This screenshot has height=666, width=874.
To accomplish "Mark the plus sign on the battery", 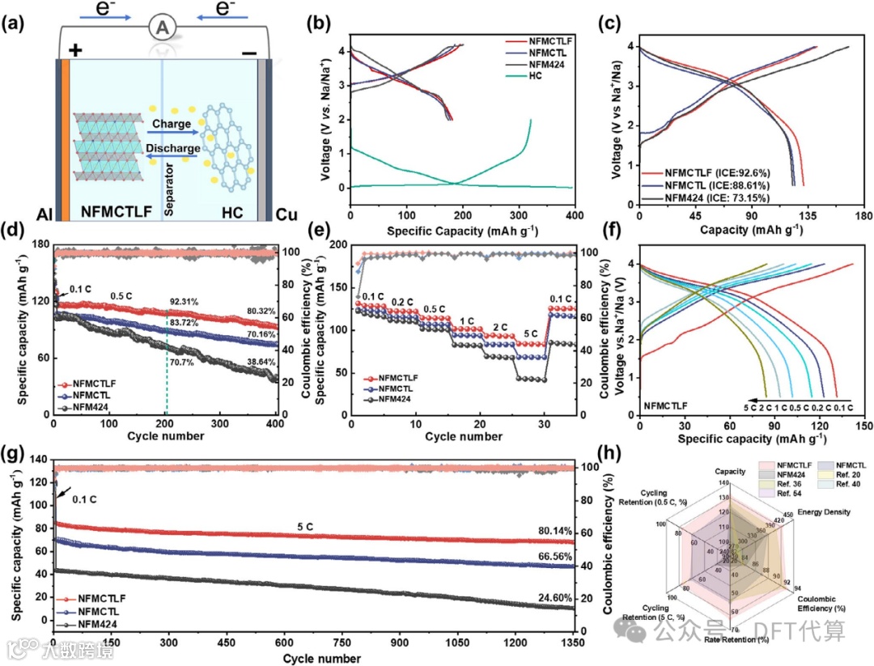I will point(76,50).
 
